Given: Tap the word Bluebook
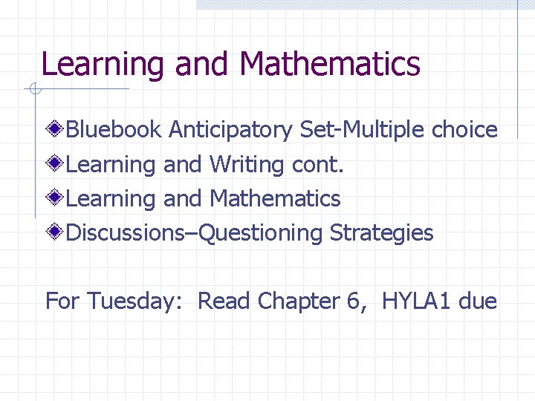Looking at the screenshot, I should pyautogui.click(x=114, y=130).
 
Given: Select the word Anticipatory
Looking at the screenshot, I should pyautogui.click(x=231, y=131).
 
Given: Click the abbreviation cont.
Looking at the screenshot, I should pyautogui.click(x=319, y=165).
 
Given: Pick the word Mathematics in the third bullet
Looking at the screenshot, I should pyautogui.click(x=275, y=199).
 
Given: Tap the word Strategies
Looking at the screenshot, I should pyautogui.click(x=381, y=233).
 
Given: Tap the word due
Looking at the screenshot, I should pyautogui.click(x=478, y=301).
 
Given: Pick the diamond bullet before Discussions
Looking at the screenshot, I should pyautogui.click(x=56, y=232).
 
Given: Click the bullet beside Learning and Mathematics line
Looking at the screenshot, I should pyautogui.click(x=56, y=198).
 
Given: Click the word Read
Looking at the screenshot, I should pyautogui.click(x=224, y=301).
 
